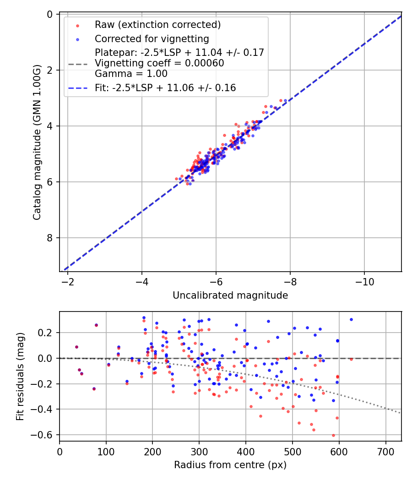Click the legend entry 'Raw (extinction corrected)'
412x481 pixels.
point(157,25)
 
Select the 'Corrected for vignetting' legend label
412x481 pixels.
point(152,39)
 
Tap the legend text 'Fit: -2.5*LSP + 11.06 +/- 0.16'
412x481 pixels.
point(165,88)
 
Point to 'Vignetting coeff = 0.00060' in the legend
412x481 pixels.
point(159,63)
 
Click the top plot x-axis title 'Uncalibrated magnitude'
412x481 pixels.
point(230,296)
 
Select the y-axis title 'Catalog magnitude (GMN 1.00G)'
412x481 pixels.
point(37,142)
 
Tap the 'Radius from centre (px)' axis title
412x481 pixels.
point(230,465)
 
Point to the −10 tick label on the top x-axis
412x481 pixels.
point(364,280)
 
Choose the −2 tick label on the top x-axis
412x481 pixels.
point(68,280)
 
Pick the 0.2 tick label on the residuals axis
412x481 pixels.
point(47,333)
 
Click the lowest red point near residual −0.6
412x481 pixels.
point(333,435)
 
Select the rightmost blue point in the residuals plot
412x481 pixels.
point(351,319)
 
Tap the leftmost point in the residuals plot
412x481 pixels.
point(76,347)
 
